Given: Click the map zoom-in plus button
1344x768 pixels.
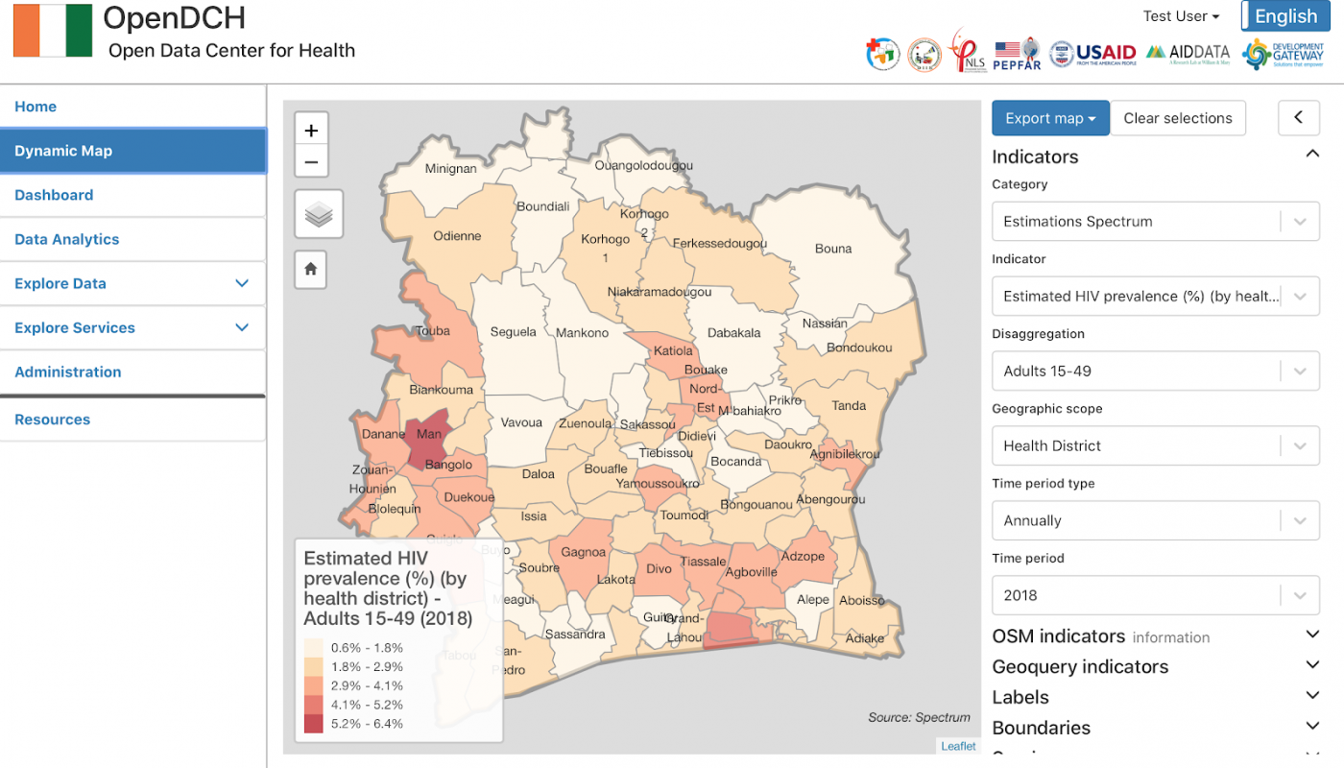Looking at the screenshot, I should pos(311,131).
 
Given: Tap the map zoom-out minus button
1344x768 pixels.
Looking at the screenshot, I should pos(311,162).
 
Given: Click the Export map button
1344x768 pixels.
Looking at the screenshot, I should pos(1050,118).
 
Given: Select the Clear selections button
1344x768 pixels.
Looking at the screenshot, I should pos(1177,118).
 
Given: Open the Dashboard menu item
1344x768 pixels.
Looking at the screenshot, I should pos(54,195).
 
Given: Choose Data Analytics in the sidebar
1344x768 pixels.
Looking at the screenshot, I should pos(67,239).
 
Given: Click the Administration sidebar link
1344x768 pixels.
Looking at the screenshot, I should pos(68,372).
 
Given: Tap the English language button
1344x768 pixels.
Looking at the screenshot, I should pos(1285,16).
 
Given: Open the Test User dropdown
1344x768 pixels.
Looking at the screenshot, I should pos(1180,16).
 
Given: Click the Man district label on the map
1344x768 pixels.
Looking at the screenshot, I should pos(428,434).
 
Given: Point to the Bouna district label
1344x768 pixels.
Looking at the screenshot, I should pos(832,249).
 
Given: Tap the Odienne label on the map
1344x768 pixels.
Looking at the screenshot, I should pos(457,236).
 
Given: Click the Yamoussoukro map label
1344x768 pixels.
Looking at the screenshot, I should pos(658,484).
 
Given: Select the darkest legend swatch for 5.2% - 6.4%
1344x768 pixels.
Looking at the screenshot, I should pos(314,724).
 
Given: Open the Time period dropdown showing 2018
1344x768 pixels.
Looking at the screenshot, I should pos(1155,595).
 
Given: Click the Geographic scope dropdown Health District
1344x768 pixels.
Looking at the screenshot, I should pos(1155,445).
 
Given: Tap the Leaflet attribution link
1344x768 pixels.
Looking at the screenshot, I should pos(958,746).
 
